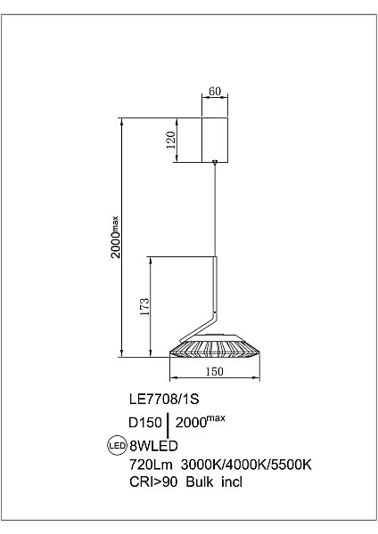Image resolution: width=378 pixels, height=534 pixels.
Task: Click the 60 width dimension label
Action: point(215,92)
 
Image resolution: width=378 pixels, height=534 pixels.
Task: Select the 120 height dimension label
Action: point(170,140)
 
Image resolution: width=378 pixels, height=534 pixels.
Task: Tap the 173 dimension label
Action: point(144,307)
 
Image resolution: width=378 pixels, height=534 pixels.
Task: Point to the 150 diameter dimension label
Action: point(214,371)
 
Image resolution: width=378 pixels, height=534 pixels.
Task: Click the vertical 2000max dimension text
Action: point(115,237)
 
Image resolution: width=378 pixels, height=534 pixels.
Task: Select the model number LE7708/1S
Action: point(164,399)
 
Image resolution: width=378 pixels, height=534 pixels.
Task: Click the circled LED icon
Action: point(117,445)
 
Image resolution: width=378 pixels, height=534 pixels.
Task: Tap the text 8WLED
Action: point(153,446)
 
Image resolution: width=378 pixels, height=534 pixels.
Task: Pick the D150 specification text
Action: point(145,423)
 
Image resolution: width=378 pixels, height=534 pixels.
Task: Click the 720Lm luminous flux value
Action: point(151,465)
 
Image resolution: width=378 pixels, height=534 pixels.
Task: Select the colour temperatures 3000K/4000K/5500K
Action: point(246,465)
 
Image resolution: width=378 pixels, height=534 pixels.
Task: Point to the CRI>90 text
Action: point(153,481)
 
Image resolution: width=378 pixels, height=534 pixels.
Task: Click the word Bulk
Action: point(200,481)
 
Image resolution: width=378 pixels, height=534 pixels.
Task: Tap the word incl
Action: point(232,481)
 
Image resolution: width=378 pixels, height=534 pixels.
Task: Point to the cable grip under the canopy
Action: point(215,163)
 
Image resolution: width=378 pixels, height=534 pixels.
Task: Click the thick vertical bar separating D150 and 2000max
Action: point(168,425)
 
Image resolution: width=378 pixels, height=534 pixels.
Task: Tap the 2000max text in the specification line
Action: point(201,422)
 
